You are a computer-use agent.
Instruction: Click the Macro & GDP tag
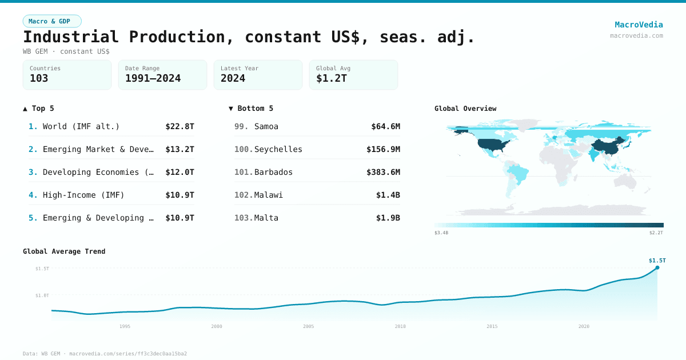click(52, 21)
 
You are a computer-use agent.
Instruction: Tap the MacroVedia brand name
click(639, 25)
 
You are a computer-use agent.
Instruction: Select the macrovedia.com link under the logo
click(636, 35)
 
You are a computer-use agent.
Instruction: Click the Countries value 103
click(39, 78)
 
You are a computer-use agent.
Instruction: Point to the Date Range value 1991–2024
click(153, 78)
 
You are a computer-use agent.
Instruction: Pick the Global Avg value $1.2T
click(332, 78)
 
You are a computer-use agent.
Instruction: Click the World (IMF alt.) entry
click(81, 126)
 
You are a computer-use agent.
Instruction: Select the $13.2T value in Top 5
click(180, 149)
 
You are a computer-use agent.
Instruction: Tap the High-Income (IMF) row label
click(83, 195)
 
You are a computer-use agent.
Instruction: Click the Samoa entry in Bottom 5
click(266, 126)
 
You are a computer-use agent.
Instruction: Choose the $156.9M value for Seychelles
click(383, 149)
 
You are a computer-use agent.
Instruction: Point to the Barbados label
click(273, 172)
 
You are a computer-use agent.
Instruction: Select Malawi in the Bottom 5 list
click(269, 195)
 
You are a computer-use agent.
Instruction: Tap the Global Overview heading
click(465, 109)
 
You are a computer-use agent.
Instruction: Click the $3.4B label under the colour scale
click(441, 233)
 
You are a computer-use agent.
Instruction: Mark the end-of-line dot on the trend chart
click(657, 267)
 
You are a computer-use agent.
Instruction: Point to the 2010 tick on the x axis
click(400, 326)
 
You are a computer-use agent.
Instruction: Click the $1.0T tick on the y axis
click(42, 295)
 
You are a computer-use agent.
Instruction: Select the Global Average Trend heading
click(64, 251)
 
